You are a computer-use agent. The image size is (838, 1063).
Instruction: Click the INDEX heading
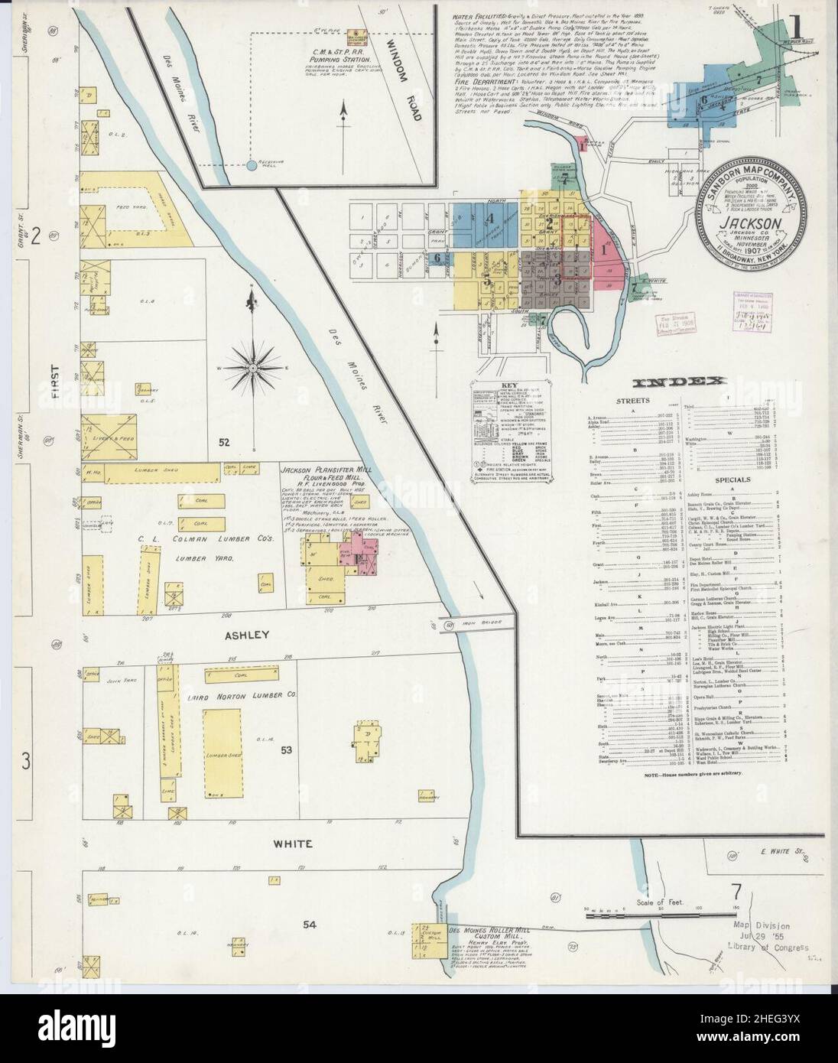(676, 383)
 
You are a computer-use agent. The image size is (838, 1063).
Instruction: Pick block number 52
(223, 443)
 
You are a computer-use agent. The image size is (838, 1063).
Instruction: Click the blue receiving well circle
(252, 164)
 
